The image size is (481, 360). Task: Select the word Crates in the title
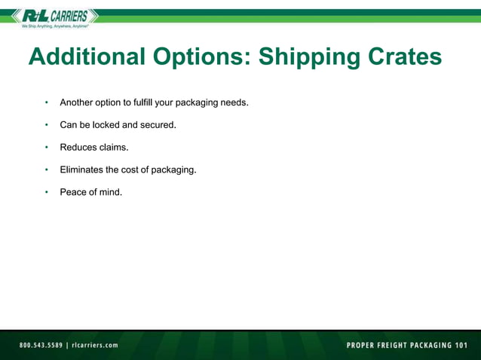403,58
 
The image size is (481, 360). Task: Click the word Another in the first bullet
77,102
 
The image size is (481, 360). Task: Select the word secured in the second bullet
158,124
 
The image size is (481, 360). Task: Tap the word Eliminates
81,169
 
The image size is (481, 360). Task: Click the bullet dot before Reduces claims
46,147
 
